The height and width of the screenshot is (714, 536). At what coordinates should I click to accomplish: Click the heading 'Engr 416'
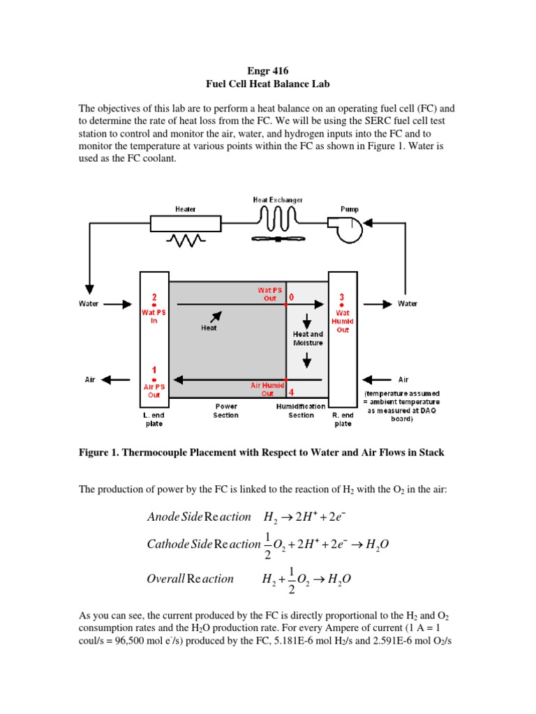point(267,70)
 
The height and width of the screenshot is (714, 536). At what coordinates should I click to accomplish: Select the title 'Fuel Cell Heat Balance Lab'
point(267,84)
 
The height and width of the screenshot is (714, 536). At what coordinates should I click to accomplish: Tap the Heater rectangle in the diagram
point(186,223)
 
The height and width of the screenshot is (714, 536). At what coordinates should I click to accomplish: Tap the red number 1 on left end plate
point(154,371)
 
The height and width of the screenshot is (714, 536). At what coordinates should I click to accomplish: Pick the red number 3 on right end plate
point(342,296)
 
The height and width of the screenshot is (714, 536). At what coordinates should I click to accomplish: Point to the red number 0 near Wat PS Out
point(291,296)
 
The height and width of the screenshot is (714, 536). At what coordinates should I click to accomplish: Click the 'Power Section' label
point(225,411)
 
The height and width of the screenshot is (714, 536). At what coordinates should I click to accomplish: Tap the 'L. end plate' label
point(154,419)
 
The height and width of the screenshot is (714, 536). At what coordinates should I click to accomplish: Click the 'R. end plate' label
point(341,419)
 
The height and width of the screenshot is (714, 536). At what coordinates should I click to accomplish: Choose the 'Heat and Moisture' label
point(307,338)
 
